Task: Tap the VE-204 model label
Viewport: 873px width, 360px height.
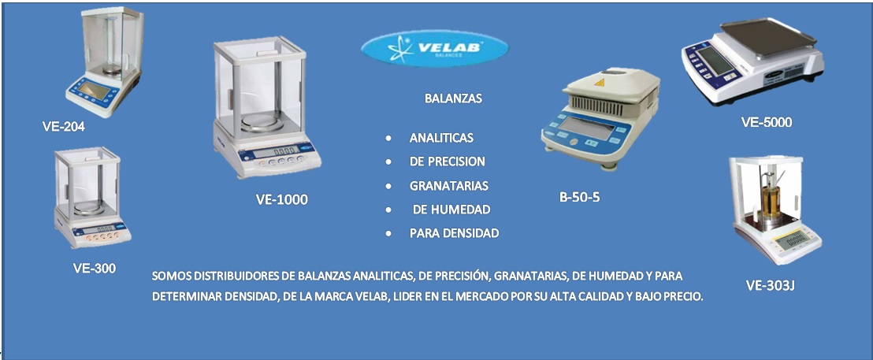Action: click(x=64, y=127)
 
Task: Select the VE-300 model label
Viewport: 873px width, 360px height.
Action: click(x=95, y=268)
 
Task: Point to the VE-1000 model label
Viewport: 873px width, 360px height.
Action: click(x=282, y=200)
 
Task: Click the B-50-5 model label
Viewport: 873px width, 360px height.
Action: click(x=580, y=196)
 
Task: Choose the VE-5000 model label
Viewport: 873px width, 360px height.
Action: click(x=766, y=122)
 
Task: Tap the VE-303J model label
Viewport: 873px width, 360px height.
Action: click(x=770, y=286)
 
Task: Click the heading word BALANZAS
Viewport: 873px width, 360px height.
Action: click(x=453, y=99)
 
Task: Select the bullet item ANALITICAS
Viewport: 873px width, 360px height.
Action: click(x=441, y=137)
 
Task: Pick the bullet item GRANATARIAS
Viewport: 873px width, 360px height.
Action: click(x=449, y=186)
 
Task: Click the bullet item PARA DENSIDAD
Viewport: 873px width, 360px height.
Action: click(x=455, y=234)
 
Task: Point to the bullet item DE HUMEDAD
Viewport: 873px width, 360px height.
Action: click(x=451, y=210)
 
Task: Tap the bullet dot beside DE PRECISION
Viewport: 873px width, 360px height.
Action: click(x=388, y=162)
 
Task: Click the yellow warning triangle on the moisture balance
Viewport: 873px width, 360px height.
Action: click(x=600, y=83)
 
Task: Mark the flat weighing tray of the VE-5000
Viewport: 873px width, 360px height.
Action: click(x=767, y=36)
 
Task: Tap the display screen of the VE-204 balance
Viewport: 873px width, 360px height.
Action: click(x=92, y=90)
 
